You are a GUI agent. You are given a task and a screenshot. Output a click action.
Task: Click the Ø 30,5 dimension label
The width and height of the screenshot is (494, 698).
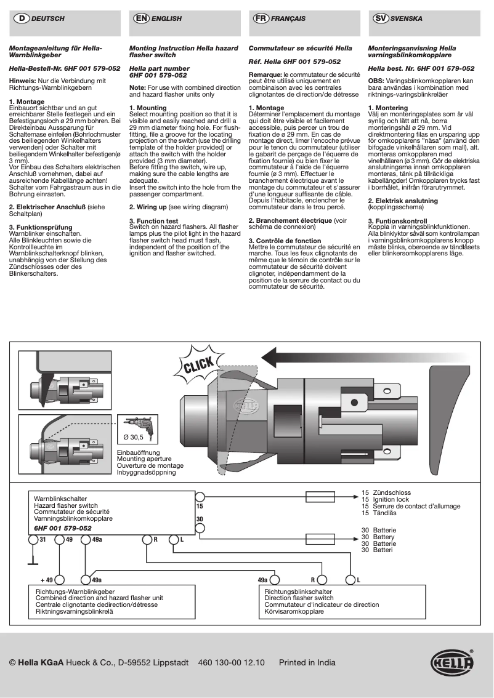click(133, 437)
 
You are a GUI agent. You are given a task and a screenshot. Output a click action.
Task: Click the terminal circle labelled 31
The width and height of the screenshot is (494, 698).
click(33, 539)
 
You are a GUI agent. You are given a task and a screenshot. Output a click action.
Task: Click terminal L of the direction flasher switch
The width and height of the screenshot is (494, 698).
click(350, 579)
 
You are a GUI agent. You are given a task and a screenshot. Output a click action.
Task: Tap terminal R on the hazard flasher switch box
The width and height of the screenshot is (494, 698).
click(147, 539)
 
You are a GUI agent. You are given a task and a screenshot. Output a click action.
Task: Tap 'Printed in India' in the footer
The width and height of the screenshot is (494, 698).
click(307, 663)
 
